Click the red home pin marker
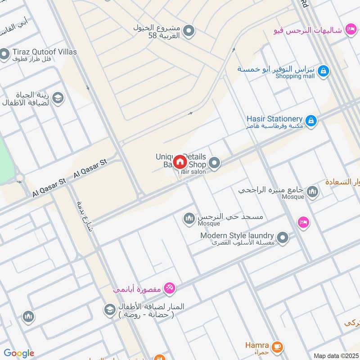(x=180, y=162)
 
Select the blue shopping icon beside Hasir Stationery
(x=310, y=121)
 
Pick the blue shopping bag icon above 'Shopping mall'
(x=323, y=71)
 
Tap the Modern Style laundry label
(x=237, y=235)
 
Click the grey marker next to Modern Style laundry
(x=282, y=238)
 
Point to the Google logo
(x=19, y=353)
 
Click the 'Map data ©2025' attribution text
(x=335, y=355)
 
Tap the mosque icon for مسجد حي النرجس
(x=189, y=219)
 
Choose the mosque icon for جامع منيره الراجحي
(x=312, y=192)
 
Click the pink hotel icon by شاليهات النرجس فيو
(x=350, y=30)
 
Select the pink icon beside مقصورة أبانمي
(x=169, y=288)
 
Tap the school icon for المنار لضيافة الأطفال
(x=109, y=310)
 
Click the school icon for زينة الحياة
(x=58, y=97)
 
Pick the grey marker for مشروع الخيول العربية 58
(x=189, y=31)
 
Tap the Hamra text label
(x=257, y=345)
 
